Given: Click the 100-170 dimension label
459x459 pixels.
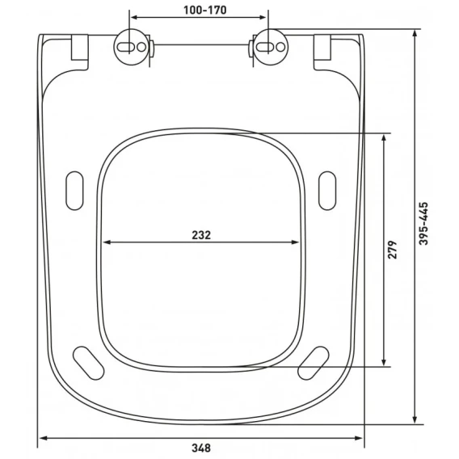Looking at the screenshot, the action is click(205, 11).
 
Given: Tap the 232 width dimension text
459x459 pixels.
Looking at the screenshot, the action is click(201, 235).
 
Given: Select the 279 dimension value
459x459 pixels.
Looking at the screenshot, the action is click(392, 250).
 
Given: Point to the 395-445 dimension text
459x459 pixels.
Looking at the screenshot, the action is click(423, 223).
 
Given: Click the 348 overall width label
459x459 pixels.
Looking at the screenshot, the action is click(201, 448).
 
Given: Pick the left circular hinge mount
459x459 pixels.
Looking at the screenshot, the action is click(130, 47).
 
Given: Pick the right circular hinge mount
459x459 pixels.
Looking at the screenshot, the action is click(271, 47).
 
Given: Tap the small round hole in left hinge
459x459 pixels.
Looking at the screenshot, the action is click(141, 47).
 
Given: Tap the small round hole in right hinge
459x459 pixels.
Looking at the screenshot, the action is click(280, 47).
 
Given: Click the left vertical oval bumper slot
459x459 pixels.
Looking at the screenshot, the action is click(74, 191).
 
